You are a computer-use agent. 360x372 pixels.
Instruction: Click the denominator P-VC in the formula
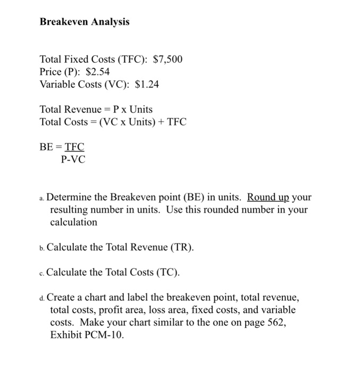click(73, 158)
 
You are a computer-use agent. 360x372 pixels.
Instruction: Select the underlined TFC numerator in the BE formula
click(74, 147)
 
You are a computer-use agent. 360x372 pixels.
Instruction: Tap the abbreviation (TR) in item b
click(181, 248)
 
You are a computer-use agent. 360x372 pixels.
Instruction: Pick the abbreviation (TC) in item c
click(168, 273)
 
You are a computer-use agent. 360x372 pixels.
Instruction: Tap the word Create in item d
click(61, 297)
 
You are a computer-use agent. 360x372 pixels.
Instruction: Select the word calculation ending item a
click(73, 222)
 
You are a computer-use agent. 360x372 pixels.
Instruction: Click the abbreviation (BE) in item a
click(187, 197)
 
